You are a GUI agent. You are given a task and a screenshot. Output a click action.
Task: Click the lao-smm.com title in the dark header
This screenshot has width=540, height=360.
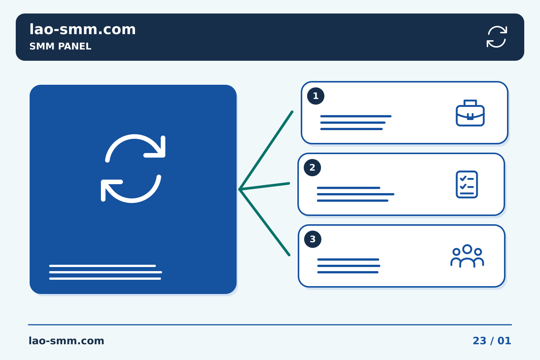(82, 29)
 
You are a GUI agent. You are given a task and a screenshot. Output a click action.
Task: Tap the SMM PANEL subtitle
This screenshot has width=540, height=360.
(60, 46)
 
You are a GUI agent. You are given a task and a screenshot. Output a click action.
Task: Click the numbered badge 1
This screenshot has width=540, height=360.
(316, 96)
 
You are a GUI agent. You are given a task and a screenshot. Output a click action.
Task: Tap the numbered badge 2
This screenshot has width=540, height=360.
(312, 168)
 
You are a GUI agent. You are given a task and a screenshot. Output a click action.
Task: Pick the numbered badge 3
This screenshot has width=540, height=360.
(313, 239)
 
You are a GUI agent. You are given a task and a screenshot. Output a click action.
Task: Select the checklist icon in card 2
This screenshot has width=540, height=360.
(467, 184)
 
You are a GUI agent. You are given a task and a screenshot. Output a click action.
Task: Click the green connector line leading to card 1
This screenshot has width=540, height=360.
(265, 150)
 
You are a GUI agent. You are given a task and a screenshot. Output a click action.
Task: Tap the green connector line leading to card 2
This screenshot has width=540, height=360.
(264, 186)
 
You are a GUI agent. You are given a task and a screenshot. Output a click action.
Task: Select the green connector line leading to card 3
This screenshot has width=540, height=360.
(264, 222)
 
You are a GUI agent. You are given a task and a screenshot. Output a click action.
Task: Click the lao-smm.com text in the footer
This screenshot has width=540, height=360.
(66, 341)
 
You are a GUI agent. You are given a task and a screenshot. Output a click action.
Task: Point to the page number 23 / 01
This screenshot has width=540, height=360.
(492, 341)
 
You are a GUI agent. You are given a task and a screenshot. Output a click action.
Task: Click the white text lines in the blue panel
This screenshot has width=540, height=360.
(106, 272)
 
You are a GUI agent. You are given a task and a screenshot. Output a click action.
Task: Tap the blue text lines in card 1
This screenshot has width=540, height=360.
(356, 123)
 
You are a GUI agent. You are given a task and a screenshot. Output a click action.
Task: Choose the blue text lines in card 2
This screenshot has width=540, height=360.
(355, 194)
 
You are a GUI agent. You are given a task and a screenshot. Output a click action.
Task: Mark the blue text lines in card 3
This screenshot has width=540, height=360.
(349, 266)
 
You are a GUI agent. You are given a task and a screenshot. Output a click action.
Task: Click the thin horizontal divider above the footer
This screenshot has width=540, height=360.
(270, 325)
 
